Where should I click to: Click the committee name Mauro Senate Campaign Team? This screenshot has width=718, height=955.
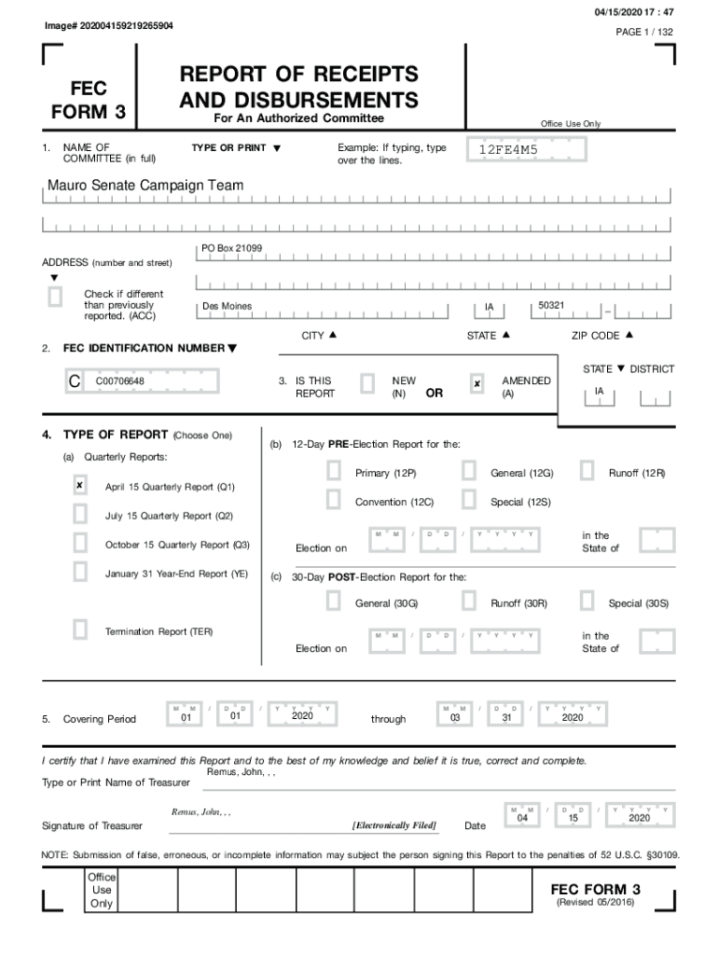[x=145, y=186]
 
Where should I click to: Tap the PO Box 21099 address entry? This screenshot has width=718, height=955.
[x=231, y=248]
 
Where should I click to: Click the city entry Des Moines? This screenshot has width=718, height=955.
[x=227, y=307]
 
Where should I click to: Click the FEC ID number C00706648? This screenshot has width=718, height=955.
[x=119, y=381]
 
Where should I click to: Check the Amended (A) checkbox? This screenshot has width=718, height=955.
[x=476, y=383]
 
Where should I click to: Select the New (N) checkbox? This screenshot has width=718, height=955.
[x=367, y=383]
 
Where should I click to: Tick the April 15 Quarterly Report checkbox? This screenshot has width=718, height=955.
[x=80, y=486]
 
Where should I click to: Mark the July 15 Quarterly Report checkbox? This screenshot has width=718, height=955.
[x=80, y=515]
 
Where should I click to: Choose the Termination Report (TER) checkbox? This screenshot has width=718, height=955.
[x=80, y=630]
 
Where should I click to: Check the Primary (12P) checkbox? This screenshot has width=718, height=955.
[x=333, y=472]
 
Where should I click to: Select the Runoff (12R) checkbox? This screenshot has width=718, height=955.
[x=587, y=472]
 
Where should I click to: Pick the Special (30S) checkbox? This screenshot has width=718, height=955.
[x=587, y=602]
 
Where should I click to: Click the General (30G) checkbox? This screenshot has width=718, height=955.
[x=333, y=602]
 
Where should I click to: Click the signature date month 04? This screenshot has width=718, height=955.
[x=522, y=817]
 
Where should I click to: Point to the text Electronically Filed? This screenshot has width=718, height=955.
[x=394, y=825]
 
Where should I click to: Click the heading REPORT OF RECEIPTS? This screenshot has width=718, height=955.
[x=298, y=75]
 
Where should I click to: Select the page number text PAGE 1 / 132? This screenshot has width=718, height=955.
[x=644, y=32]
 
